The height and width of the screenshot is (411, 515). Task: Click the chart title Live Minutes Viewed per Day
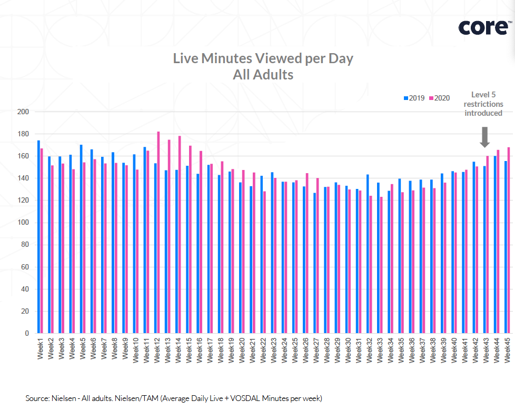point(263,58)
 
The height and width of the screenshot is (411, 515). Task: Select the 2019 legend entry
point(414,98)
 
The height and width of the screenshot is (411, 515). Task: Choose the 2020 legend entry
point(440,98)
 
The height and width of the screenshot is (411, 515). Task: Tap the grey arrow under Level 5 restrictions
point(485,137)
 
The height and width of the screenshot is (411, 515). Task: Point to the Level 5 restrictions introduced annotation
point(483,104)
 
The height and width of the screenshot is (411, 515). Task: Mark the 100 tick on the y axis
point(22,223)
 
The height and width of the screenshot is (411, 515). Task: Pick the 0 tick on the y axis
point(25,333)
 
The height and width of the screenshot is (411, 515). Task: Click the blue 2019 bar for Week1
point(38,237)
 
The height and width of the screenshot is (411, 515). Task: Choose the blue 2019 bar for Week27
point(314,263)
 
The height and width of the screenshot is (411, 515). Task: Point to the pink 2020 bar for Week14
point(180,235)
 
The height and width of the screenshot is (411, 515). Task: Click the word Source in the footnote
point(37,398)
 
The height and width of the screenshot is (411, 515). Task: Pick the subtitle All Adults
point(263,75)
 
